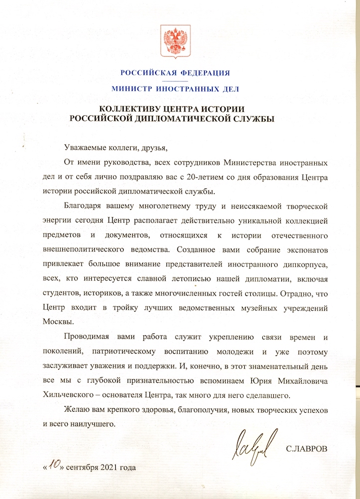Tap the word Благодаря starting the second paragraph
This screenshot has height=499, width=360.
(x=83, y=206)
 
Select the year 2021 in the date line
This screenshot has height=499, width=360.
(x=111, y=468)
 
